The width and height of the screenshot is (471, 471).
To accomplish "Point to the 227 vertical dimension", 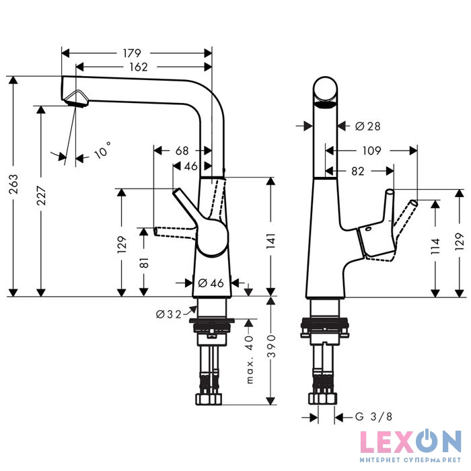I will click(x=42, y=201).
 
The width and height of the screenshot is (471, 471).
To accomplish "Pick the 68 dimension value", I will click(x=182, y=151).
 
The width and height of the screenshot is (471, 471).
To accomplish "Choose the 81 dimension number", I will click(x=143, y=262).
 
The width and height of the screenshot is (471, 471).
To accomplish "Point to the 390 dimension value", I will click(x=271, y=349).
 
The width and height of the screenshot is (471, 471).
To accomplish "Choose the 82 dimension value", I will click(x=357, y=172).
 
